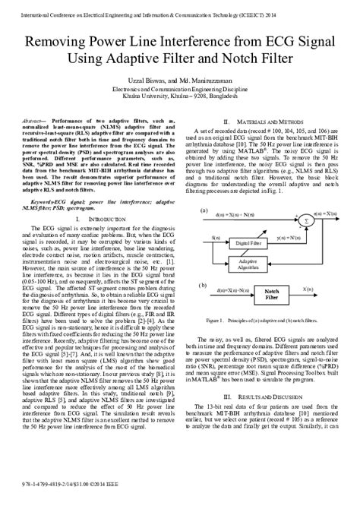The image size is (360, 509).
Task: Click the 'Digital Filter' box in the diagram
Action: [x=249, y=243]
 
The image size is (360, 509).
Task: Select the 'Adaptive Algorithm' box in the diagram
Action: [x=249, y=265]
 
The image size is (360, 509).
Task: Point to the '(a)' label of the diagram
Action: [x=204, y=210]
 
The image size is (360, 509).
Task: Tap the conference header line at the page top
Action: [x=179, y=12]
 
